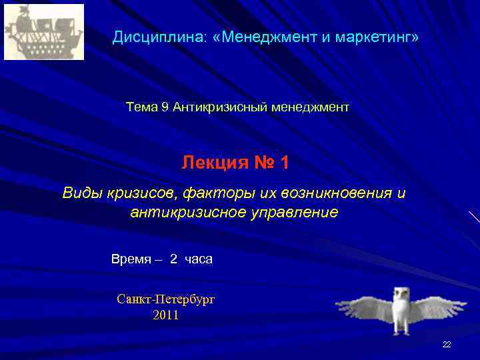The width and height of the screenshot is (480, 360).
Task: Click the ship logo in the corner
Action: pyautogui.click(x=44, y=32)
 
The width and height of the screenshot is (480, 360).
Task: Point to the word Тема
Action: pyautogui.click(x=141, y=107)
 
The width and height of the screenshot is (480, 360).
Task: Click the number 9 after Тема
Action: pyautogui.click(x=165, y=107)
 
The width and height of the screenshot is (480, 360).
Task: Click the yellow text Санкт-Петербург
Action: pyautogui.click(x=166, y=299)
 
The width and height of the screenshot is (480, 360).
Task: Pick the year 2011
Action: pyautogui.click(x=166, y=315)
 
